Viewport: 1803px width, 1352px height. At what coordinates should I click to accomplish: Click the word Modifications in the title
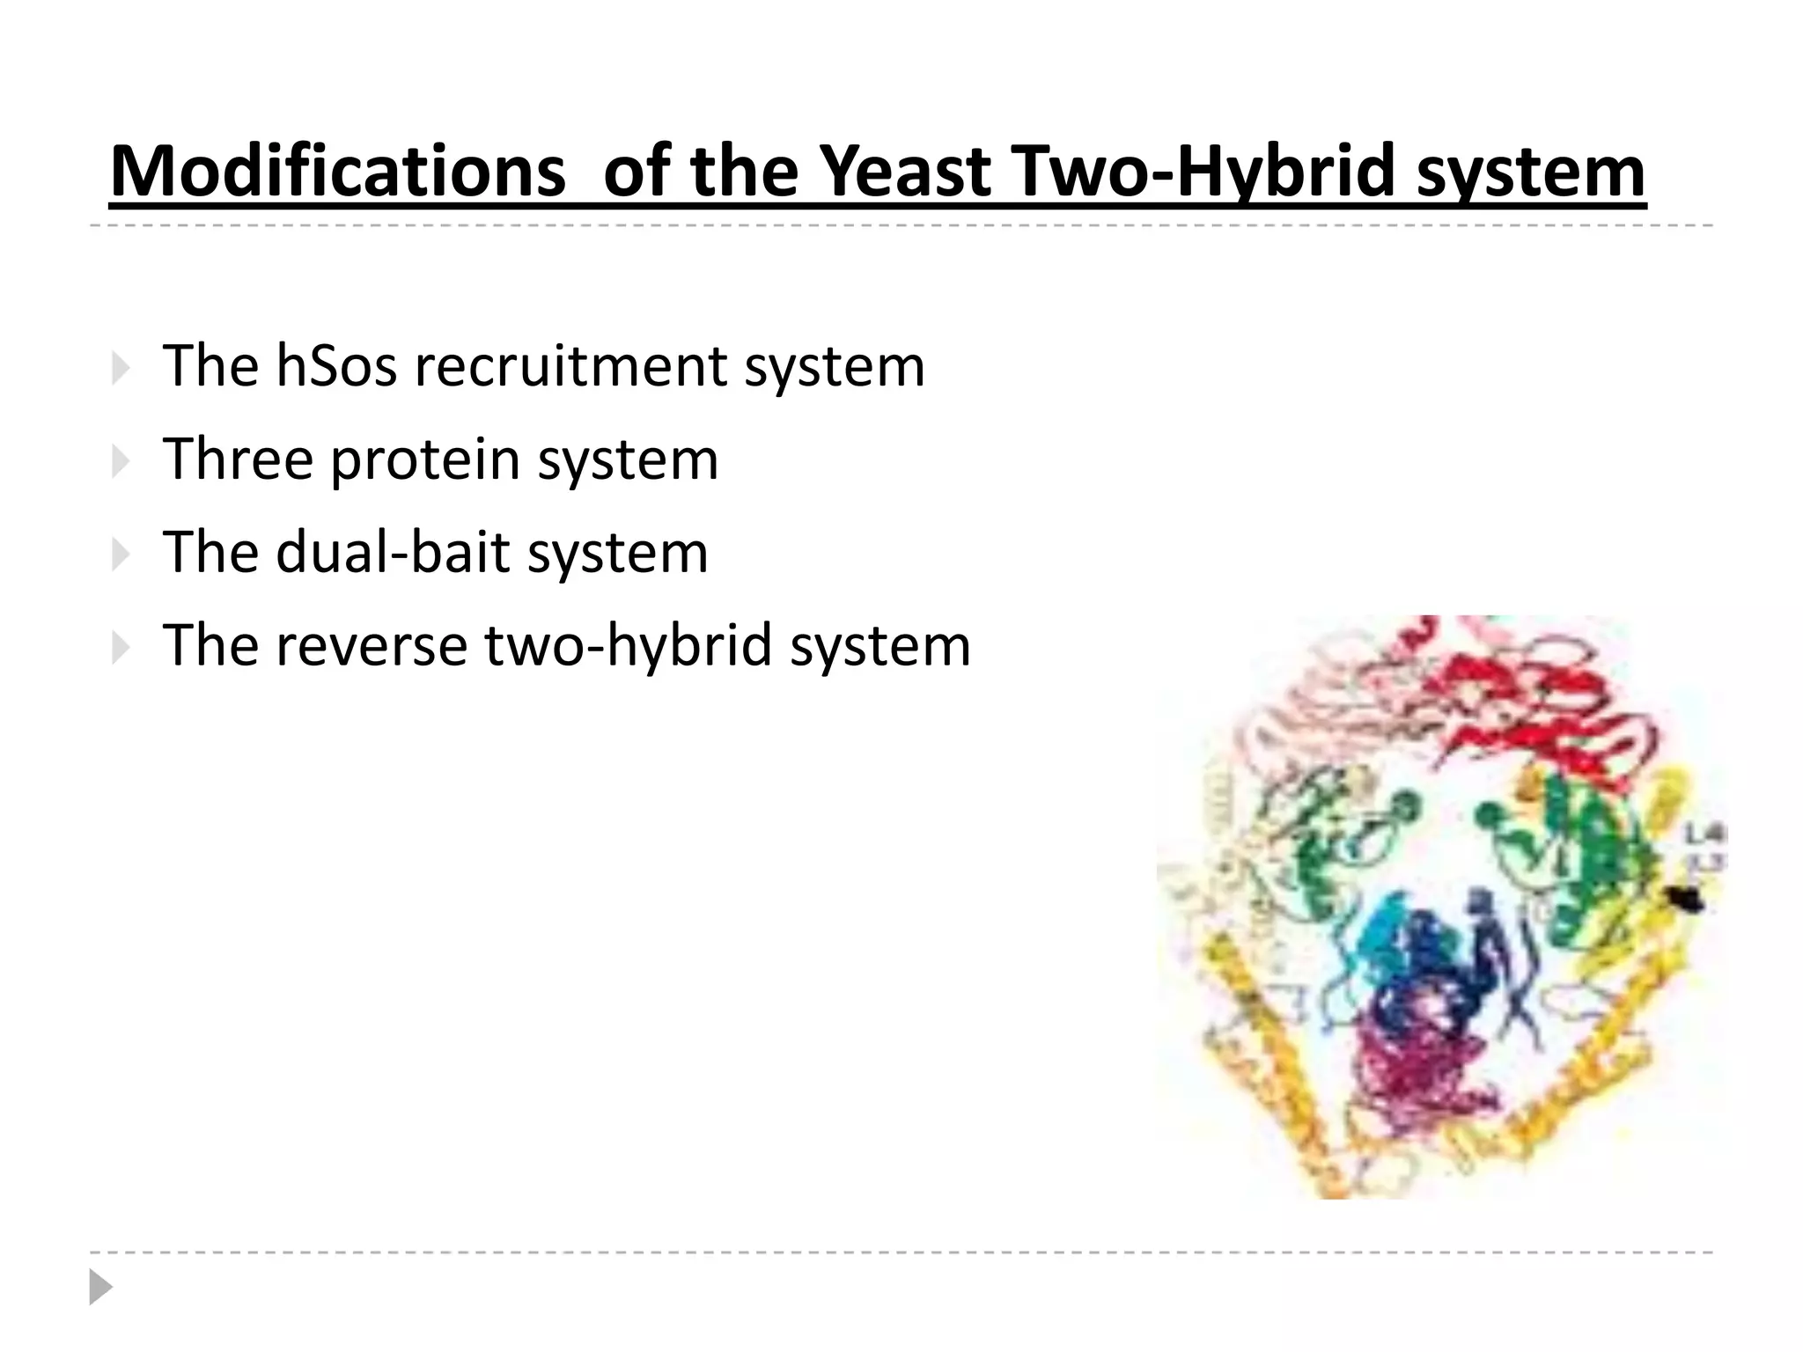pos(337,172)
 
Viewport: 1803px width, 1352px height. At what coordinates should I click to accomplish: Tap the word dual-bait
pos(394,553)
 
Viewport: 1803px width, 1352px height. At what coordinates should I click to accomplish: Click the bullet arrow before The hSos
pos(121,369)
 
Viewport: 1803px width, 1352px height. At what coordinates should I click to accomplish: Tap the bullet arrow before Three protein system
pos(121,461)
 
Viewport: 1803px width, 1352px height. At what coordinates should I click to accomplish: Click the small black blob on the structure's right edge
pos(1686,899)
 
